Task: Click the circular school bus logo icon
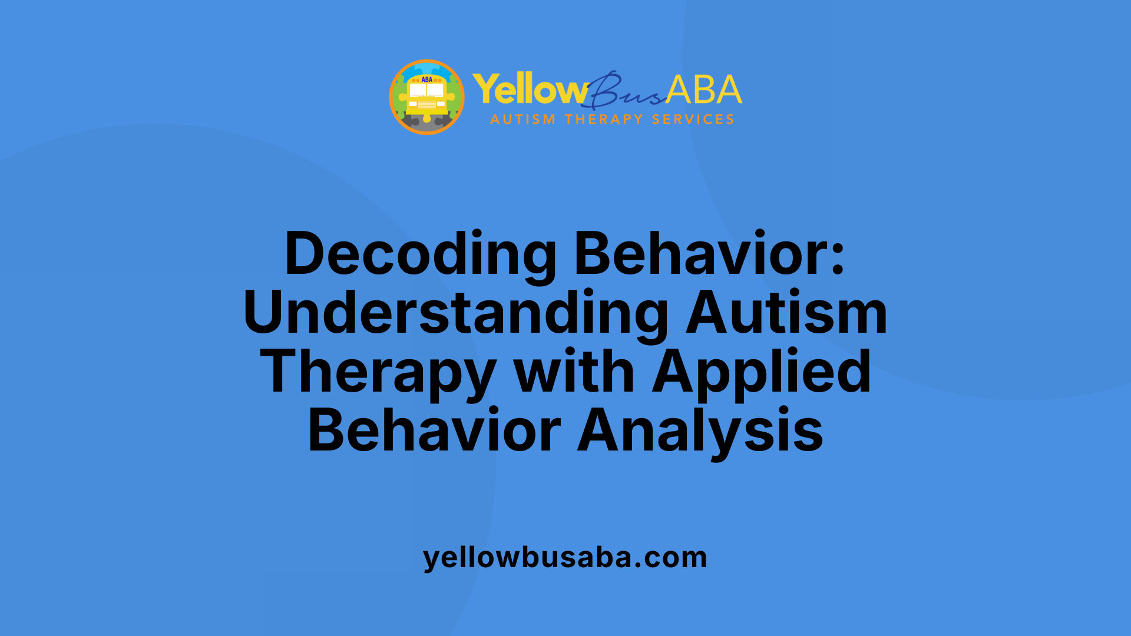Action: point(426,97)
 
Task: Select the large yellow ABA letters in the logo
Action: point(704,90)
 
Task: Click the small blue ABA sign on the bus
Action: point(426,79)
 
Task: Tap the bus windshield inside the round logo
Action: point(426,90)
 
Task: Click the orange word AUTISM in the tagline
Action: point(522,120)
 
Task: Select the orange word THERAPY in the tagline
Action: point(604,120)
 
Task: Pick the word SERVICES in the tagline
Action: point(693,120)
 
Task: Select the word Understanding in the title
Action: point(455,313)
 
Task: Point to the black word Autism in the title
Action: point(786,313)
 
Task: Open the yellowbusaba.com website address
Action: point(565,557)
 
